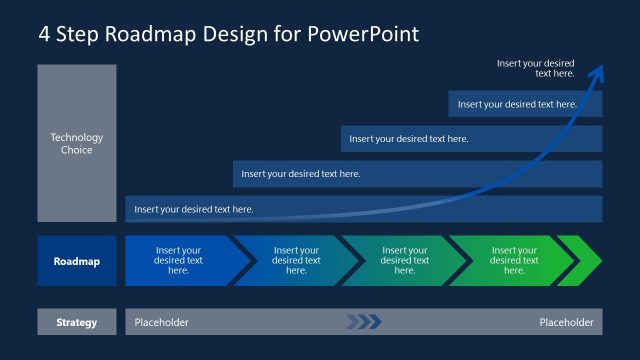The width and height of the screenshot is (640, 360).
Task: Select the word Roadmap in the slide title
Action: point(151,33)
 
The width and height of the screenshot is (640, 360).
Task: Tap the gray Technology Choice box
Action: point(77,143)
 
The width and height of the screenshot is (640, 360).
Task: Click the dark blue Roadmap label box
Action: point(77,261)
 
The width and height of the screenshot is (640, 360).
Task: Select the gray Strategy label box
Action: point(77,322)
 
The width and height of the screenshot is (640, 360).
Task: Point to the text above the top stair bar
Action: point(536,68)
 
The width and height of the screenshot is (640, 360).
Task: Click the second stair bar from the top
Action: point(470,139)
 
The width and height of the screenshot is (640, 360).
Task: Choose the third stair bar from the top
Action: point(416,174)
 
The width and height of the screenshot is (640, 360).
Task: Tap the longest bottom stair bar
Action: point(362,209)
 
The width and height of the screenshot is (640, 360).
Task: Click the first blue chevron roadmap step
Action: point(177,261)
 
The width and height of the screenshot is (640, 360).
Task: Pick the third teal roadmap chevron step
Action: point(403,261)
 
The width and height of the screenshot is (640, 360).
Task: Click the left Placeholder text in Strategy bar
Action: point(161,322)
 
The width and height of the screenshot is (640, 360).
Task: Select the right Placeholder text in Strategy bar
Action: point(566,322)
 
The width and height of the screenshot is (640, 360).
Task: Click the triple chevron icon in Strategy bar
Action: point(364,322)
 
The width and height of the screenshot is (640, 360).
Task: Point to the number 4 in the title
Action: point(44,33)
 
